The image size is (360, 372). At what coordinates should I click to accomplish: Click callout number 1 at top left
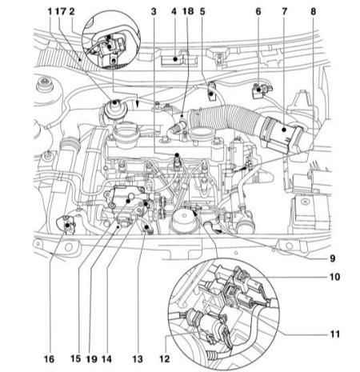point(50,12)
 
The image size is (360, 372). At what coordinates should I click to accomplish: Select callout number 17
point(61,12)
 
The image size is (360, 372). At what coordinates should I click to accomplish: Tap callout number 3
point(154,12)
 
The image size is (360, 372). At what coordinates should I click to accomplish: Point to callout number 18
point(188,12)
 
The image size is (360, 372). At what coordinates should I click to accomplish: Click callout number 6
point(258,12)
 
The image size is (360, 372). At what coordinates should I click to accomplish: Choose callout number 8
point(313,12)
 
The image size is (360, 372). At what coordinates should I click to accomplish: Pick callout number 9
point(332,258)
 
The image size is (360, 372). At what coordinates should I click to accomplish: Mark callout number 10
point(334,277)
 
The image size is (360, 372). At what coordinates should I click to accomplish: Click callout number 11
point(334,334)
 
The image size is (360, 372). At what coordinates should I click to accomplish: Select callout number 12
point(165,358)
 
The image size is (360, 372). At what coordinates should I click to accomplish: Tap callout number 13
point(138,358)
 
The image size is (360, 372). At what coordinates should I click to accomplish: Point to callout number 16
point(49,358)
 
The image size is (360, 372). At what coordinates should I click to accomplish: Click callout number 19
point(91,358)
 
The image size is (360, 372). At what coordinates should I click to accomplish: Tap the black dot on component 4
point(175,59)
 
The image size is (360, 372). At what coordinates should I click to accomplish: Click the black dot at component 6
point(258,90)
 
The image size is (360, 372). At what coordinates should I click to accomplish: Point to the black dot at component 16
point(67,226)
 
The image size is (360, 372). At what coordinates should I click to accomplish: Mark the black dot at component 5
point(211,94)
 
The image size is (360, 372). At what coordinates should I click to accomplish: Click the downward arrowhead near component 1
point(137,103)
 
